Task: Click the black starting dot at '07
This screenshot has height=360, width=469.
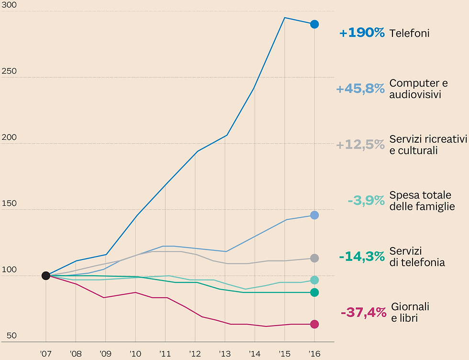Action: [x=46, y=276]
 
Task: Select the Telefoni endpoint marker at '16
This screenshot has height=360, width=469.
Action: [x=314, y=24]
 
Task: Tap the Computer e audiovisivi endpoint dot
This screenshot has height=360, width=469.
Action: [x=314, y=215]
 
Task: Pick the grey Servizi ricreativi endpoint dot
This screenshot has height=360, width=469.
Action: [x=314, y=258]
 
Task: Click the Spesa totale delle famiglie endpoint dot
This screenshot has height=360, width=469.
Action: [x=314, y=280]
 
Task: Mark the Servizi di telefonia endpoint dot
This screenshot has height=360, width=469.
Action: [x=314, y=292]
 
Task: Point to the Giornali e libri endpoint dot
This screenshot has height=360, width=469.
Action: [x=314, y=324]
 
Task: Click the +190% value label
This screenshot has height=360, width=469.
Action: [x=362, y=33]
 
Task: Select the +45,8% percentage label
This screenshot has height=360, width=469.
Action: [x=360, y=89]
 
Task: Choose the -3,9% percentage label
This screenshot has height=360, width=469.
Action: [x=366, y=201]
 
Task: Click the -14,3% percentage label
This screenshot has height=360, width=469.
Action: [x=362, y=257]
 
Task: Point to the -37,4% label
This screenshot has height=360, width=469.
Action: [x=363, y=313]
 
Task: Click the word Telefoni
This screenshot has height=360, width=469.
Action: [x=409, y=34]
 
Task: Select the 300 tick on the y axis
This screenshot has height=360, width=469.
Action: [x=10, y=5]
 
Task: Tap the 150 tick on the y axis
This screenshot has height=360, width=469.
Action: [x=10, y=203]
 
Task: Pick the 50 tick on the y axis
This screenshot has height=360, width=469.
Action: [x=11, y=336]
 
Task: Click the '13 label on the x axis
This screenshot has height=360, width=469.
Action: [x=225, y=353]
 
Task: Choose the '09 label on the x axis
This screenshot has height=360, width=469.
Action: [x=105, y=353]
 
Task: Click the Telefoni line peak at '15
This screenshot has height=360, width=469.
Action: [x=285, y=18]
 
